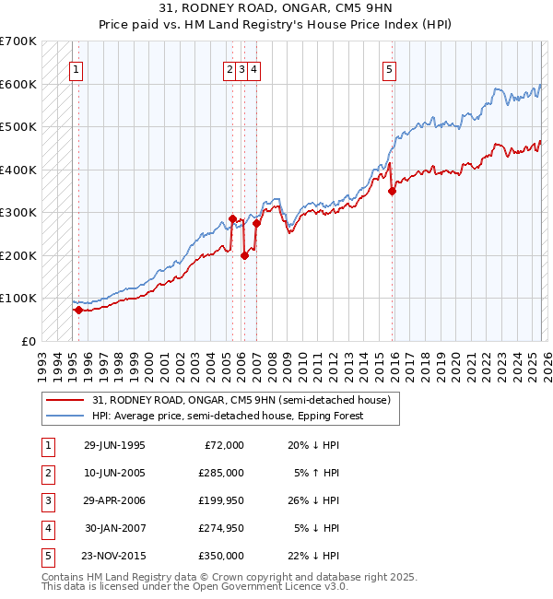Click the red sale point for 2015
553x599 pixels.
392,192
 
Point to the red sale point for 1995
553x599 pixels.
78,311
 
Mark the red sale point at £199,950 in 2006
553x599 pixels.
244,256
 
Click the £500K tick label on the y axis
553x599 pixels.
18,127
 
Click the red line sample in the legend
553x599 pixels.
67,400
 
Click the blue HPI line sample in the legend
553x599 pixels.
67,416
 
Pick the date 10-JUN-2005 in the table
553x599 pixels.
114,474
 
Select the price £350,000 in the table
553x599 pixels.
221,557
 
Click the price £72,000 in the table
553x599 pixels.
224,446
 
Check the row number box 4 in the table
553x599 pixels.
45,529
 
